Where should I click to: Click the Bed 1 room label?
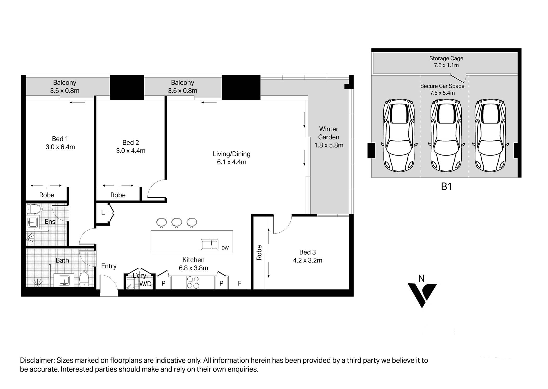(60, 139)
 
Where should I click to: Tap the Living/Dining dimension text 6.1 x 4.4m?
(231, 162)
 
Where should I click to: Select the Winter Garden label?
(329, 133)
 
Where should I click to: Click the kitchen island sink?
(210, 244)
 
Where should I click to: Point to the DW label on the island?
(225, 248)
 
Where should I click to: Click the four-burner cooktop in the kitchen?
(193, 283)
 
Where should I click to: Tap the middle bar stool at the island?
(177, 222)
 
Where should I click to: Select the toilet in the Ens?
(34, 209)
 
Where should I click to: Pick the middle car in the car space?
(446, 135)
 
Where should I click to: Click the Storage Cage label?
(446, 59)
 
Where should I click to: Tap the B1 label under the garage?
(446, 187)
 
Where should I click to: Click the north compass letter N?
(421, 279)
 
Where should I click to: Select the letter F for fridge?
(240, 283)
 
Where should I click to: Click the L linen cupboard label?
(103, 213)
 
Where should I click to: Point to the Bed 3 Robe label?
(259, 253)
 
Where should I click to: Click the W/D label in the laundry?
(145, 284)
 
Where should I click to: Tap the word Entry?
(109, 266)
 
